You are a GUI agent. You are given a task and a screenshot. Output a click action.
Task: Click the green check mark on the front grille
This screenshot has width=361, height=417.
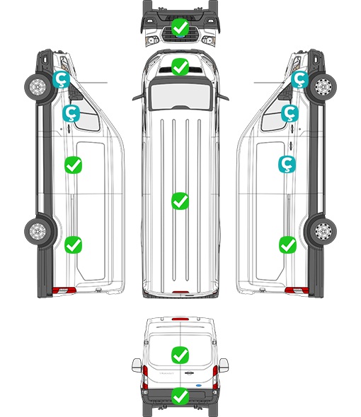[x=180, y=27]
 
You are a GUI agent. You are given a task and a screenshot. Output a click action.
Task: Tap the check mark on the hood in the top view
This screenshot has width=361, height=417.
[x=180, y=66]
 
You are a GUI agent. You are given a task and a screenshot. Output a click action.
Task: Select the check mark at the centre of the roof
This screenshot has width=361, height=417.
[x=180, y=201]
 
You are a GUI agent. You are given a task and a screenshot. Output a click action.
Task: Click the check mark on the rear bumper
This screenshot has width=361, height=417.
[x=180, y=397]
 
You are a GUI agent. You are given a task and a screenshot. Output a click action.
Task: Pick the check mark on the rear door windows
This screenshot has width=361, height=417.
[x=180, y=355]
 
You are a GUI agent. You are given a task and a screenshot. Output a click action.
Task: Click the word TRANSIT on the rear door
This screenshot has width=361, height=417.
[x=166, y=373]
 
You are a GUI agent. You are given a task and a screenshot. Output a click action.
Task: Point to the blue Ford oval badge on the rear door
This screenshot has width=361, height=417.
[x=198, y=385]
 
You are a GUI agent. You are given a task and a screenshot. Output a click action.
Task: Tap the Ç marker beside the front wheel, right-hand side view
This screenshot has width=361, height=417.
[x=299, y=79]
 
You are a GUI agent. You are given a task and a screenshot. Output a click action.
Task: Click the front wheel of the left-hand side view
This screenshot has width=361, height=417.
[x=38, y=87]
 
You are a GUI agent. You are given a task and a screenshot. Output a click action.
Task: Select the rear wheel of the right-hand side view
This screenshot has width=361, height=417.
[x=323, y=231]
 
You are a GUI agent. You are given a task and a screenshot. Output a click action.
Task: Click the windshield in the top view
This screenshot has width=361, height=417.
[x=180, y=95]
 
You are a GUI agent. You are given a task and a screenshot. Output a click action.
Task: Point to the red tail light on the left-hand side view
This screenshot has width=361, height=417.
[x=64, y=290]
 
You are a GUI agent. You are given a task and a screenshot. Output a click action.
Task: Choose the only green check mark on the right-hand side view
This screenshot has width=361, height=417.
[x=287, y=245]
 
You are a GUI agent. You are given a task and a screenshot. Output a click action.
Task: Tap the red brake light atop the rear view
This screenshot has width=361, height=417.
[x=180, y=319]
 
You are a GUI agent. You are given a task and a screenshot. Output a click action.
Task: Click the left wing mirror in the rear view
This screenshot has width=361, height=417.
[x=137, y=365]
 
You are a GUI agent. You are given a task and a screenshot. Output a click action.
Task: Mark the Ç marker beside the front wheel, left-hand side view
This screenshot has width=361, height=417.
[x=61, y=79]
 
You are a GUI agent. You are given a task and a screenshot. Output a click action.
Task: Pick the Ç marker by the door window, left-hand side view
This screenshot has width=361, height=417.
[x=71, y=113]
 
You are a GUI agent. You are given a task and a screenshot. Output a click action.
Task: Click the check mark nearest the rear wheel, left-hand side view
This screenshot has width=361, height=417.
[x=74, y=245]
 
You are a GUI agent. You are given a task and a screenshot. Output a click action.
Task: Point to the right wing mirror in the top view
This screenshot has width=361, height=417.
[x=223, y=97]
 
